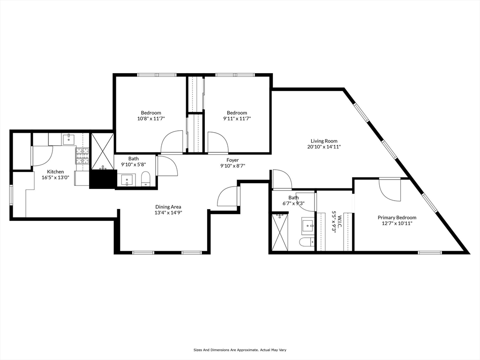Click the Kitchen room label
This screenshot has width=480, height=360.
click(x=55, y=172)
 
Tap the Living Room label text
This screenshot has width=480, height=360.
click(x=324, y=141)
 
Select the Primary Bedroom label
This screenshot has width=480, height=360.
click(x=397, y=217)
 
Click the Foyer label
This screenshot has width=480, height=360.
click(x=232, y=160)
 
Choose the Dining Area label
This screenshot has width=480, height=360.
click(x=168, y=207)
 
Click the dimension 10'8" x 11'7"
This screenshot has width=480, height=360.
click(x=151, y=119)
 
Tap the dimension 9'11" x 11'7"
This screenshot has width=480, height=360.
click(x=237, y=119)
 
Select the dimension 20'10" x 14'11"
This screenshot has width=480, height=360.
click(x=324, y=147)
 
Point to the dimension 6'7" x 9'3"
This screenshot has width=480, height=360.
click(x=293, y=203)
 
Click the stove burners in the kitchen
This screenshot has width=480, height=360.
click(x=82, y=156)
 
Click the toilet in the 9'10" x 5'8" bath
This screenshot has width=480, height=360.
click(x=146, y=179)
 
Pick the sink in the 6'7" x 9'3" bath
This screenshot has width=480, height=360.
click(x=308, y=225)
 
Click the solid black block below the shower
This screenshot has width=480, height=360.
click(x=102, y=179)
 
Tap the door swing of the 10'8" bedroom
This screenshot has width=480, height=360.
click(x=172, y=142)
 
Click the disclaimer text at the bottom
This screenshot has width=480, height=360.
click(x=240, y=350)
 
